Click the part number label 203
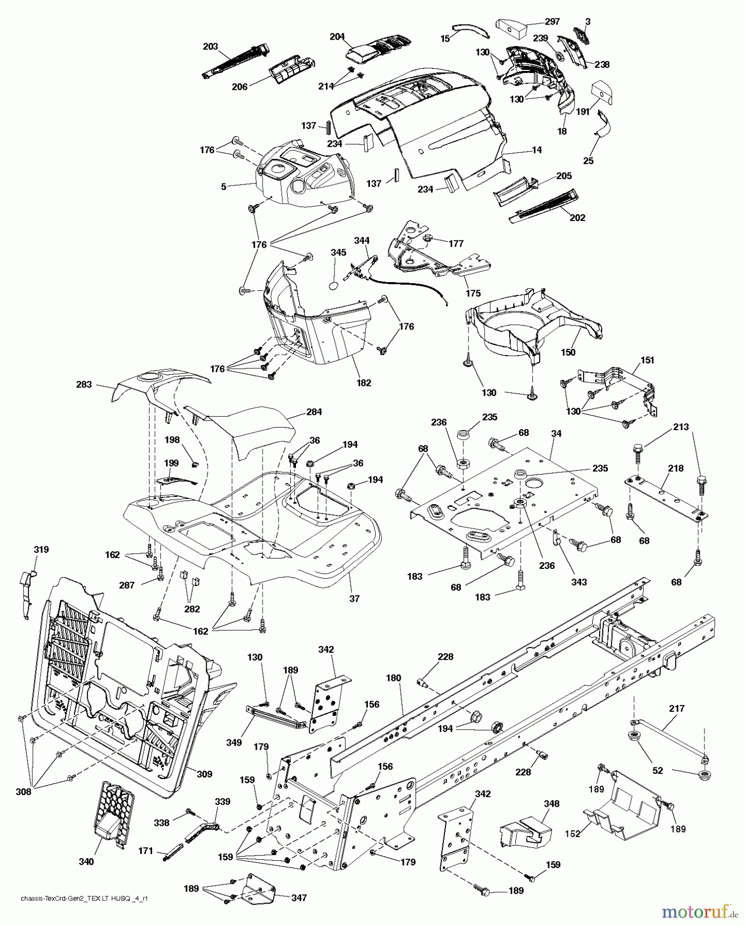pyautogui.click(x=211, y=46)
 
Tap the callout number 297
pyautogui.click(x=538, y=22)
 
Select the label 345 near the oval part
pyautogui.click(x=339, y=253)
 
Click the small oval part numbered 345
pyautogui.click(x=333, y=284)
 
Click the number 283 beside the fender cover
pyautogui.click(x=84, y=384)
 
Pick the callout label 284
pyautogui.click(x=314, y=412)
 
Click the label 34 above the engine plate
pyautogui.click(x=556, y=434)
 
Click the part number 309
pyautogui.click(x=204, y=774)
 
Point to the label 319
pyautogui.click(x=41, y=549)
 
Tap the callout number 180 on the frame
pyautogui.click(x=393, y=678)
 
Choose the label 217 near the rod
pyautogui.click(x=677, y=708)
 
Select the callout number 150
pyautogui.click(x=568, y=352)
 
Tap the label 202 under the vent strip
pyautogui.click(x=578, y=217)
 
